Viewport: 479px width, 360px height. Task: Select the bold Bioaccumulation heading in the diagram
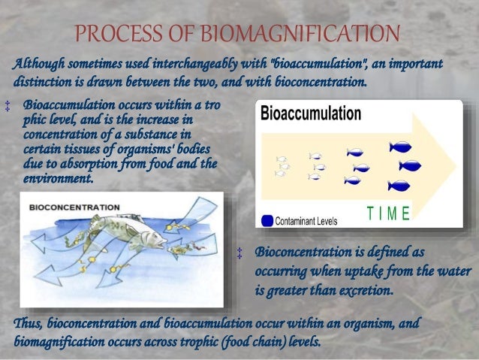click(311, 113)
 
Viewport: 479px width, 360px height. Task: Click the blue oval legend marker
click(267, 221)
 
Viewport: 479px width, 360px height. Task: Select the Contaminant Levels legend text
click(306, 222)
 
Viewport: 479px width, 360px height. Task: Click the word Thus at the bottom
click(29, 323)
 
